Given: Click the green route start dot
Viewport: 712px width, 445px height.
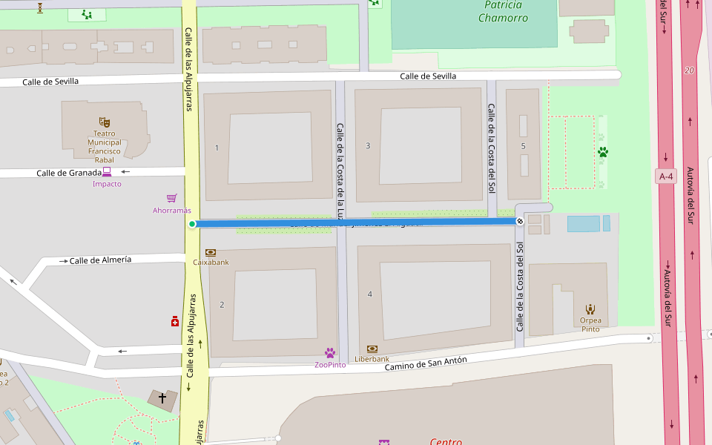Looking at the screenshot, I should pyautogui.click(x=192, y=224).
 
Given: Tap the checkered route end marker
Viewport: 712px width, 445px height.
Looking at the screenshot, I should pyautogui.click(x=521, y=221).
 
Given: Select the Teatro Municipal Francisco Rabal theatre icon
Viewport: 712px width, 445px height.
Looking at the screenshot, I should pyautogui.click(x=104, y=121).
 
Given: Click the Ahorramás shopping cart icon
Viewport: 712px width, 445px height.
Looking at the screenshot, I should pyautogui.click(x=172, y=198).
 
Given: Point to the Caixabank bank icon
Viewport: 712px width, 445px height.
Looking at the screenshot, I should pyautogui.click(x=211, y=252).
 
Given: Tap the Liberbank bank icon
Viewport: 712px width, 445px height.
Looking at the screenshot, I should pyautogui.click(x=372, y=349).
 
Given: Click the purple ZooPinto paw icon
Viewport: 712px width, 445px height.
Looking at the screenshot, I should pyautogui.click(x=330, y=353).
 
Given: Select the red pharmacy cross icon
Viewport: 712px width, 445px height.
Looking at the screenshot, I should pyautogui.click(x=175, y=321).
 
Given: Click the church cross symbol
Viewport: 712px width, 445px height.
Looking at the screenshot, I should pyautogui.click(x=162, y=398).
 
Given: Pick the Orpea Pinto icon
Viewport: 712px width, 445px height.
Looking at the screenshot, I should pyautogui.click(x=590, y=309).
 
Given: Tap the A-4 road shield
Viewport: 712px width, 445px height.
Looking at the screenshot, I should pyautogui.click(x=666, y=177).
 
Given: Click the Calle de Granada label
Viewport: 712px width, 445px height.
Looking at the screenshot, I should pyautogui.click(x=68, y=173).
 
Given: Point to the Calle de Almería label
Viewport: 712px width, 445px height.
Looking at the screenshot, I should pyautogui.click(x=100, y=260).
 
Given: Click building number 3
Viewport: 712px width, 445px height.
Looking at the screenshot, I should pyautogui.click(x=368, y=145).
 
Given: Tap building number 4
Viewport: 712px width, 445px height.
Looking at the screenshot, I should pyautogui.click(x=369, y=294).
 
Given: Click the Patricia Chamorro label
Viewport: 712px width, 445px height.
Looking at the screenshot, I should pyautogui.click(x=504, y=11).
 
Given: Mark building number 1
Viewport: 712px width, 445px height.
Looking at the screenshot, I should pyautogui.click(x=217, y=148).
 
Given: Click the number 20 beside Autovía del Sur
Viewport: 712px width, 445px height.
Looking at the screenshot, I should pyautogui.click(x=690, y=70).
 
